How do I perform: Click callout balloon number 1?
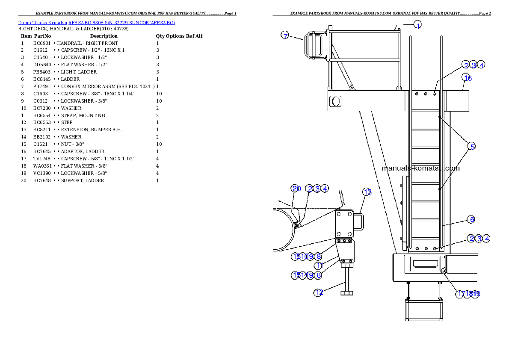pos(418,25)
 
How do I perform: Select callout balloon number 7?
pos(285,35)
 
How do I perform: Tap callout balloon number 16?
pos(467,78)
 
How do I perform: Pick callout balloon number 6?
pos(471,219)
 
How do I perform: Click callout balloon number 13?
pos(367,192)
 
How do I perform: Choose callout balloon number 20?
pos(296,189)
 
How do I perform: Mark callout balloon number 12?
pos(318,293)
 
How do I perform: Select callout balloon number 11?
pos(319,266)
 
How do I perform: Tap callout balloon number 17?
pos(460,294)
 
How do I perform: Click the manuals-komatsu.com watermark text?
pos(420,168)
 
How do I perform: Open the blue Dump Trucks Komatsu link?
pos(96,23)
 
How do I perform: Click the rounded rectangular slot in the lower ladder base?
pos(423,263)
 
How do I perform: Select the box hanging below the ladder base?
pos(422,310)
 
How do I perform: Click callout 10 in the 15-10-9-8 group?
pos(304,257)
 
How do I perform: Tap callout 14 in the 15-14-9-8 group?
pos(304,275)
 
